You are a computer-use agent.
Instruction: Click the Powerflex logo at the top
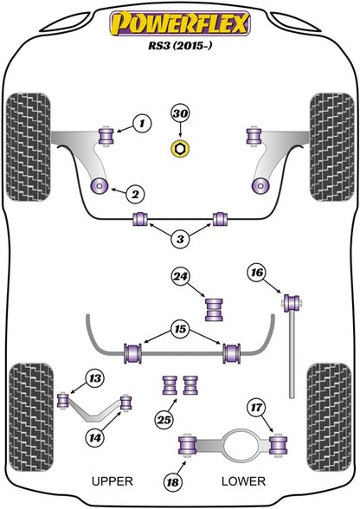180,23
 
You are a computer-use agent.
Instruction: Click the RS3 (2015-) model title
180,45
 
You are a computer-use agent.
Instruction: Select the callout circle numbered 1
142,123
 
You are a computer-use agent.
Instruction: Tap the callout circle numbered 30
180,113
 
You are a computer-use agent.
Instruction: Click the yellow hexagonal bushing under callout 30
180,148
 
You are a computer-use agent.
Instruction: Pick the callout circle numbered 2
135,194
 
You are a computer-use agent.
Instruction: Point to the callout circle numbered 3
180,239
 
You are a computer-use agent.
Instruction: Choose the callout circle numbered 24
181,276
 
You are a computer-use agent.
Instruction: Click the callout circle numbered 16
257,273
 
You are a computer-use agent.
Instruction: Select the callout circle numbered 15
180,329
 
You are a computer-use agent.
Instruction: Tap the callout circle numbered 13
95,378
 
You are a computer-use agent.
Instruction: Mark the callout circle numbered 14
95,438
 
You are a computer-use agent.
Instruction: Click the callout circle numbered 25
164,420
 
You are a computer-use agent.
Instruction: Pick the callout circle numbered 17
256,407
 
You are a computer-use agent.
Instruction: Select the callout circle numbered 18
173,481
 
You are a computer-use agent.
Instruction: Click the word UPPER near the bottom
112,481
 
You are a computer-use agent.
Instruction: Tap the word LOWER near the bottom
243,481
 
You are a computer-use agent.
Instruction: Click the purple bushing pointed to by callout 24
215,310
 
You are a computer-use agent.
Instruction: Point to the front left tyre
29,147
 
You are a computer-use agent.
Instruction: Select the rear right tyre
330,417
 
